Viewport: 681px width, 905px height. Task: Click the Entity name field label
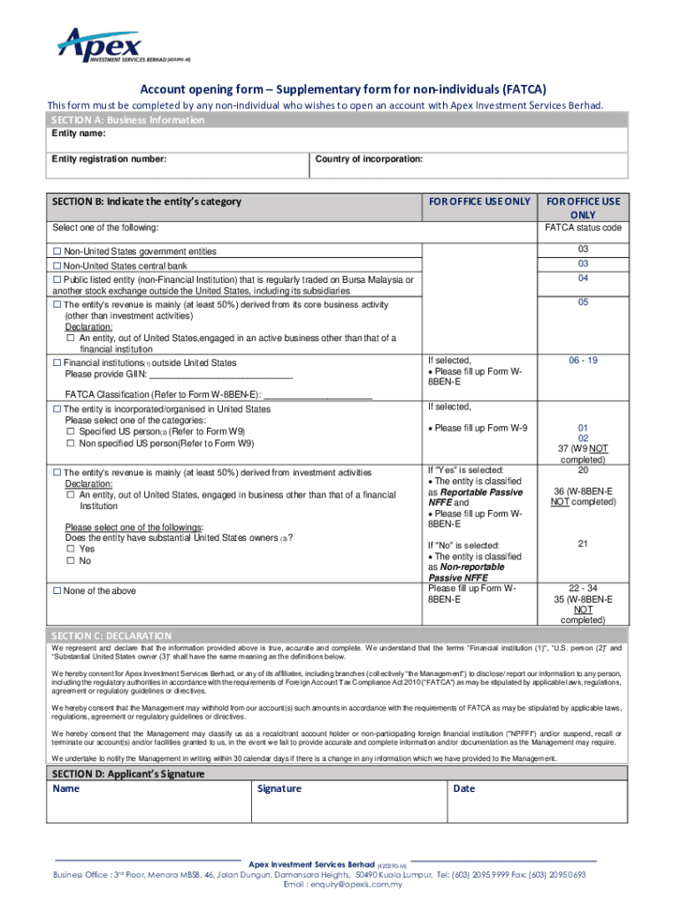point(79,133)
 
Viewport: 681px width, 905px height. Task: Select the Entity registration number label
point(109,159)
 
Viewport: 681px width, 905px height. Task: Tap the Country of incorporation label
point(369,159)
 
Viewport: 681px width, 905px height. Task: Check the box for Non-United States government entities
point(57,252)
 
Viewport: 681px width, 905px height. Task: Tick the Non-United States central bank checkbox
point(57,266)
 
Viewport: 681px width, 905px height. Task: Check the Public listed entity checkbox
point(57,279)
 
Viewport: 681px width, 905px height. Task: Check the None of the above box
point(57,591)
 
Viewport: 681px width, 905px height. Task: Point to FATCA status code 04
point(583,278)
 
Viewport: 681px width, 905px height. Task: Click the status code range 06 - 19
point(583,361)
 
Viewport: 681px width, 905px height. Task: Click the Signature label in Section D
point(279,788)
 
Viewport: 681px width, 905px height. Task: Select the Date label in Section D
point(463,788)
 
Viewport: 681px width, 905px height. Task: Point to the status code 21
point(583,544)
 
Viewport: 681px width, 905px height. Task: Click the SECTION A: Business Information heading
point(127,120)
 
